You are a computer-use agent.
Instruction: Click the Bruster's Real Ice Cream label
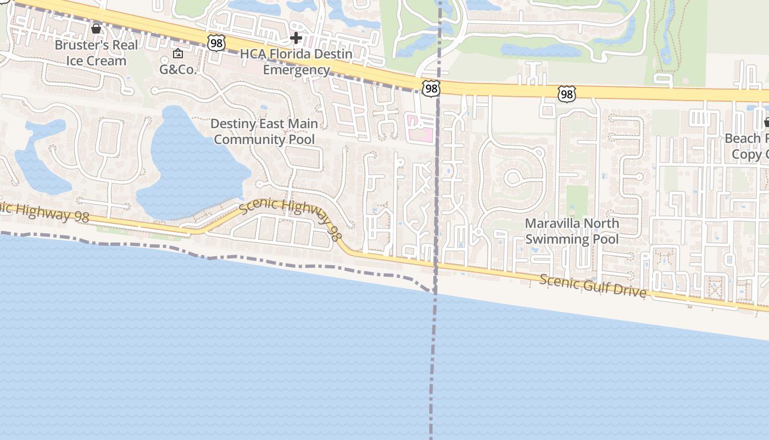[96, 53]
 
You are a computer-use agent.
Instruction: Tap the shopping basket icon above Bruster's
[96, 28]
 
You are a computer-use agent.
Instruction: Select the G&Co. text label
[177, 69]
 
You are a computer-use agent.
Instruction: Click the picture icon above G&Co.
[177, 54]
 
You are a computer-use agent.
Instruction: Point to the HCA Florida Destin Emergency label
[296, 62]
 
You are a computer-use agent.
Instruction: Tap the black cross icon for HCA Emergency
[296, 38]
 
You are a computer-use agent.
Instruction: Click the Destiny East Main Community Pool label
[264, 131]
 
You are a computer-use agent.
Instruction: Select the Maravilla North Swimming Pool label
[572, 231]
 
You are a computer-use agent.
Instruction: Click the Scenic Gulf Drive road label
[593, 286]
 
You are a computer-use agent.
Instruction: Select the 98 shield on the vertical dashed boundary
[431, 88]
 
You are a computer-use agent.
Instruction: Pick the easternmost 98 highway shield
[566, 95]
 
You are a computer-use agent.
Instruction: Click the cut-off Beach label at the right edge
[747, 146]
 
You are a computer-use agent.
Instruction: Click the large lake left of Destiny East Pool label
[190, 165]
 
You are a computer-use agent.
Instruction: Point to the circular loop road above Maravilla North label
[514, 177]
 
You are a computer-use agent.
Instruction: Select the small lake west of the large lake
[41, 159]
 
